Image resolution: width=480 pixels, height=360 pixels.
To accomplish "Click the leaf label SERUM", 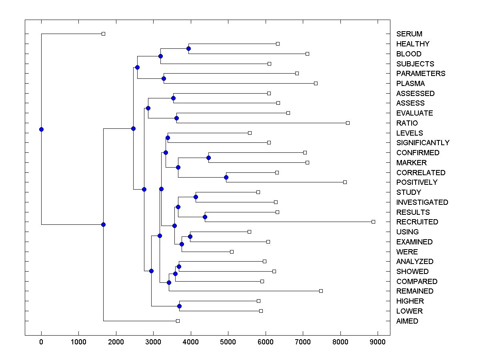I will [x=409, y=34].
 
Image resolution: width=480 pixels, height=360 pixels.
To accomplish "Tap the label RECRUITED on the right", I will [x=417, y=222].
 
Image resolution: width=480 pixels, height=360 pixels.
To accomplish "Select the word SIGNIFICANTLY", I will [x=423, y=143].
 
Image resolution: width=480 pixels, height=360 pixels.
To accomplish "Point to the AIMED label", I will [x=407, y=321].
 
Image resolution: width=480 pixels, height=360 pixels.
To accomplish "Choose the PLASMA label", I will [x=410, y=84].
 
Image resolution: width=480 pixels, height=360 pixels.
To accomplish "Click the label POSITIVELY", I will [x=417, y=182].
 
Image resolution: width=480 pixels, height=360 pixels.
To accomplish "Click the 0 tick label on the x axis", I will [x=41, y=342].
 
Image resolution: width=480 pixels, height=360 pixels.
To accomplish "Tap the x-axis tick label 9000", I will [x=378, y=342].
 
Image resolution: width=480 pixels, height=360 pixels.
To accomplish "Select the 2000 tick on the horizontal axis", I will [x=116, y=342].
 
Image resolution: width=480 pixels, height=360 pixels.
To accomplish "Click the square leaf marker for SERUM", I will [x=103, y=34].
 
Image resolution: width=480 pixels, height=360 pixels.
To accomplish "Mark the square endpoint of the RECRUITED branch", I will [x=373, y=222].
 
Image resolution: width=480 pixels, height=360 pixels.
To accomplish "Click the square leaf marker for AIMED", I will [x=178, y=321].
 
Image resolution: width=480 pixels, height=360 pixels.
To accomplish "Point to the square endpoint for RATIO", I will [x=348, y=123].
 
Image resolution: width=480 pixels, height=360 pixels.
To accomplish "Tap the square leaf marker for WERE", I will [x=232, y=252].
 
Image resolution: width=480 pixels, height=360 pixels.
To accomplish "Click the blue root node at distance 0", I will [x=41, y=129].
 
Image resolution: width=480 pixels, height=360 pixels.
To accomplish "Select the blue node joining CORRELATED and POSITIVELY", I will [x=226, y=177].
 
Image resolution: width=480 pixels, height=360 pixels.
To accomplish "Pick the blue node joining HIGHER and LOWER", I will [x=179, y=306].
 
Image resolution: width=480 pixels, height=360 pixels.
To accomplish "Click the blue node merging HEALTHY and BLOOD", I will [x=188, y=49].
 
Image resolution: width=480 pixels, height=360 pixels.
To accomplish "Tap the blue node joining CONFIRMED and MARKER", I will [x=208, y=158].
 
